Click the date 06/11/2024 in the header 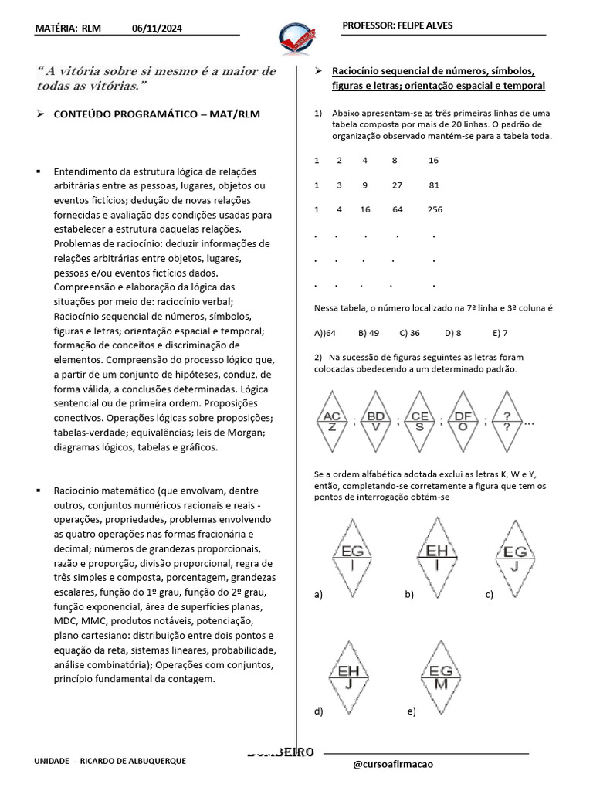click(x=158, y=29)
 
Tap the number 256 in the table click(x=435, y=209)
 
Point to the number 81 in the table click(x=434, y=185)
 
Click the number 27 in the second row click(x=397, y=185)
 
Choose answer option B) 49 click(x=369, y=333)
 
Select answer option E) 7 click(x=500, y=333)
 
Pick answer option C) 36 click(x=409, y=333)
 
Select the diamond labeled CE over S click(x=419, y=421)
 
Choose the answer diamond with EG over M click(x=441, y=677)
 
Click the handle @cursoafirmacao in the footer click(x=392, y=764)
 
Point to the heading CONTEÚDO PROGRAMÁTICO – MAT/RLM click(x=157, y=114)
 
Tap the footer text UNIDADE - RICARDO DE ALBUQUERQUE click(x=110, y=761)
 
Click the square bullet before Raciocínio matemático click(x=38, y=490)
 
